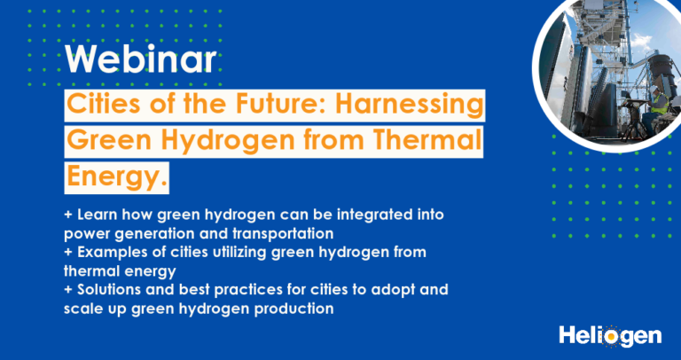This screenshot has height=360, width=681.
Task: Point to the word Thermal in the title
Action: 425,141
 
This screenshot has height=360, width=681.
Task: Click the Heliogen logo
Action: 610,336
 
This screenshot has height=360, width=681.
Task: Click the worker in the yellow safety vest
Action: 659,103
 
